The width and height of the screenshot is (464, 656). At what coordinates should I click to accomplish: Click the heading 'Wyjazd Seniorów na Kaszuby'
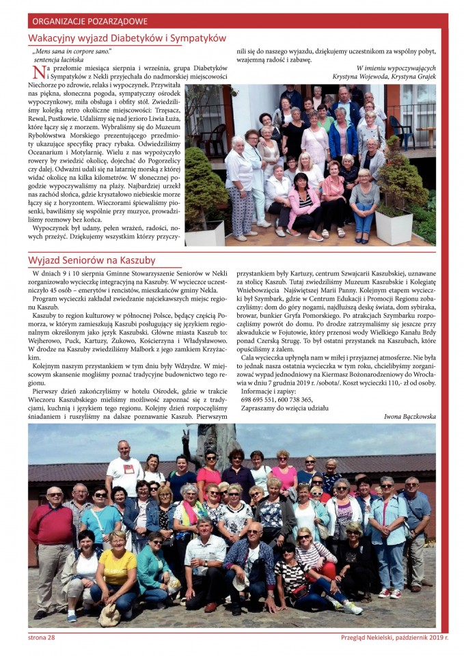point(92,260)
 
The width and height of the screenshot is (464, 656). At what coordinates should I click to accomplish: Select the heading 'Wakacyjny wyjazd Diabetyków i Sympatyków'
point(127,38)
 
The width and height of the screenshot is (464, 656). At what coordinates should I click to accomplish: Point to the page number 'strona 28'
point(42,638)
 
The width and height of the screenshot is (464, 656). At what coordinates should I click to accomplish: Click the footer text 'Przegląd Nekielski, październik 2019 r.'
point(394,638)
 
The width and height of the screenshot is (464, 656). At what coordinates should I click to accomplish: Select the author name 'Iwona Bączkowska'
point(409,415)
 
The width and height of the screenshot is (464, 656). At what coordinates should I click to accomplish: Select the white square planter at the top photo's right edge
point(394,226)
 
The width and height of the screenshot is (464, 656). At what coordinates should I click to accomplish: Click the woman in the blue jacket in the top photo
point(342,137)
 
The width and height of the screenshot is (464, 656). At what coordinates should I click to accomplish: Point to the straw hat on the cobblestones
point(109,614)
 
